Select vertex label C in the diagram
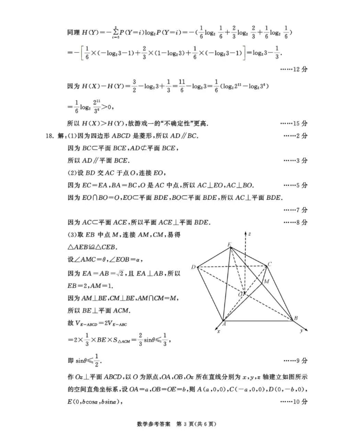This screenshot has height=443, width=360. pos(270,264)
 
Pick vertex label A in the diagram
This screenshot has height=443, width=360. pos(224,323)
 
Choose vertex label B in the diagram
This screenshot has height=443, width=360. pos(295,319)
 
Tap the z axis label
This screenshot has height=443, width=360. pos(249,234)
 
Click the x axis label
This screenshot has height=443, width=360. pos(218,331)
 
